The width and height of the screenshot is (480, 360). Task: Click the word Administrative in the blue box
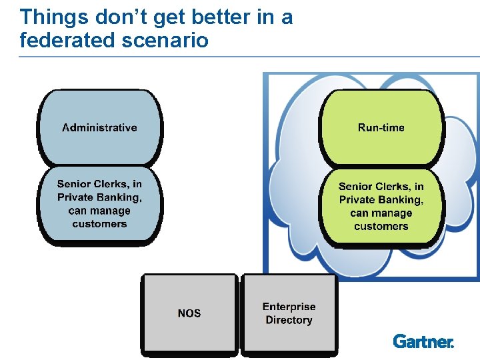(x=99, y=128)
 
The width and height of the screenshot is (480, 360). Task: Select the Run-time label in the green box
(x=381, y=128)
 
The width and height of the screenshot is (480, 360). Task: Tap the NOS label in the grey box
(x=189, y=313)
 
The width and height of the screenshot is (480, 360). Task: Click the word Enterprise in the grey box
(x=289, y=307)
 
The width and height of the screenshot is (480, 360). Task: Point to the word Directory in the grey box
(x=289, y=321)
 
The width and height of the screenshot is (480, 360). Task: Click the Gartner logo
(x=423, y=341)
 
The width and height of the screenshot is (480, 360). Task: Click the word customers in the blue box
(x=99, y=224)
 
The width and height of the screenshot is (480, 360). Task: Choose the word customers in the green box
(x=381, y=227)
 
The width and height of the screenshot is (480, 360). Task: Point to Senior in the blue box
(x=74, y=184)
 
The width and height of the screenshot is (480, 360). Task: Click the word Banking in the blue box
(x=117, y=197)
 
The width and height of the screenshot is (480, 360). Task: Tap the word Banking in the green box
(x=399, y=200)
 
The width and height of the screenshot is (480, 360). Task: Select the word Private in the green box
(x=357, y=200)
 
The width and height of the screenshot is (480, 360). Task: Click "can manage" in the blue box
(x=99, y=211)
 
